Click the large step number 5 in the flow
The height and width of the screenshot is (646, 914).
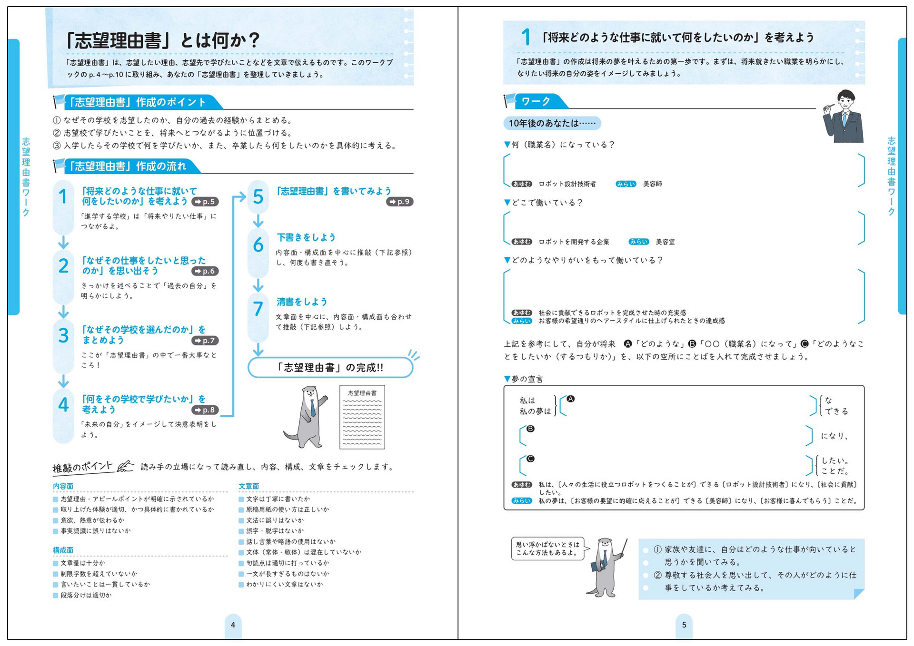click(258, 196)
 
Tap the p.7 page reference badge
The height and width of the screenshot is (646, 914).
click(205, 341)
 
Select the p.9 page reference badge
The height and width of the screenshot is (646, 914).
click(400, 202)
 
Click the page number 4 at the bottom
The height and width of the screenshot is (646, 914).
click(233, 625)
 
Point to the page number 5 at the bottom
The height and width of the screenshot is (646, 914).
click(684, 625)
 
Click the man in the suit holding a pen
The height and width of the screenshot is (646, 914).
click(843, 117)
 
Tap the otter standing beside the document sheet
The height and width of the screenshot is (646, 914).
click(308, 417)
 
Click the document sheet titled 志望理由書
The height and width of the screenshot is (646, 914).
click(362, 417)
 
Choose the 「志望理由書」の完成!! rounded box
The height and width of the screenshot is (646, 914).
click(330, 367)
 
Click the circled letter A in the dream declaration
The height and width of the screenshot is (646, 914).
click(570, 399)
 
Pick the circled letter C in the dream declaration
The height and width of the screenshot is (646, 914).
click(530, 459)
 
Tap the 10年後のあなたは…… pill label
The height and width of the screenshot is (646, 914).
click(552, 123)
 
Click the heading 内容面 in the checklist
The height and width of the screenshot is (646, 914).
click(63, 486)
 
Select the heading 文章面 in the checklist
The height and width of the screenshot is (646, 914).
click(249, 486)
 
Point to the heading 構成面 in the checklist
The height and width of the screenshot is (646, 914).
click(63, 550)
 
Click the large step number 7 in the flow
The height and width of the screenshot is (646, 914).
click(258, 309)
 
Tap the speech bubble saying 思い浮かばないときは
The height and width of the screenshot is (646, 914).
click(547, 548)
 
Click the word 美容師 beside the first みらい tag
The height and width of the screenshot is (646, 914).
click(652, 184)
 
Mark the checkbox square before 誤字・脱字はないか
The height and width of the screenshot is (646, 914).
click(241, 531)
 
